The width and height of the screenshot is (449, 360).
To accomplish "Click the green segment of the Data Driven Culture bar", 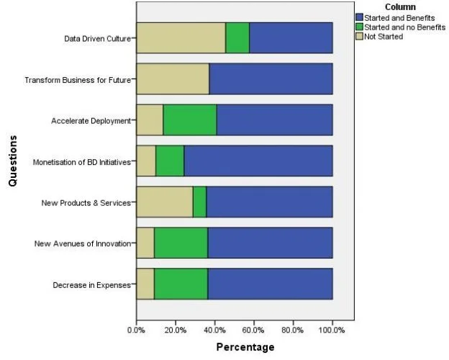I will point(237,37).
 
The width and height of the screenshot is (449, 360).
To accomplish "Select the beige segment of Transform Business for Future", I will point(173,78).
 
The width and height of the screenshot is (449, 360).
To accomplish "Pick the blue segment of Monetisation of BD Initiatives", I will point(258,161).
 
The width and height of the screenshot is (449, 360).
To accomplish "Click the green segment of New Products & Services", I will point(199,202).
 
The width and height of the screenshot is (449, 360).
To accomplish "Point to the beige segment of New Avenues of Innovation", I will point(145,243).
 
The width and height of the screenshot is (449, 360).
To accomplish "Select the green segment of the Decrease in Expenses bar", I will point(181,284).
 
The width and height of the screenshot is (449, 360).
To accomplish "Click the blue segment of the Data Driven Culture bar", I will point(291,37).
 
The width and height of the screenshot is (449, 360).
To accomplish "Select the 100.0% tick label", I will point(332,330).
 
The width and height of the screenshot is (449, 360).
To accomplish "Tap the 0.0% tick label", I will point(136,330).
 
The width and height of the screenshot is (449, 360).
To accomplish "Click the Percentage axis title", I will point(245,347).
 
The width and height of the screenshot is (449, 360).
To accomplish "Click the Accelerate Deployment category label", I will point(91,120).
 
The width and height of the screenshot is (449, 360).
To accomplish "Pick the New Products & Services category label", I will point(86,202).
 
